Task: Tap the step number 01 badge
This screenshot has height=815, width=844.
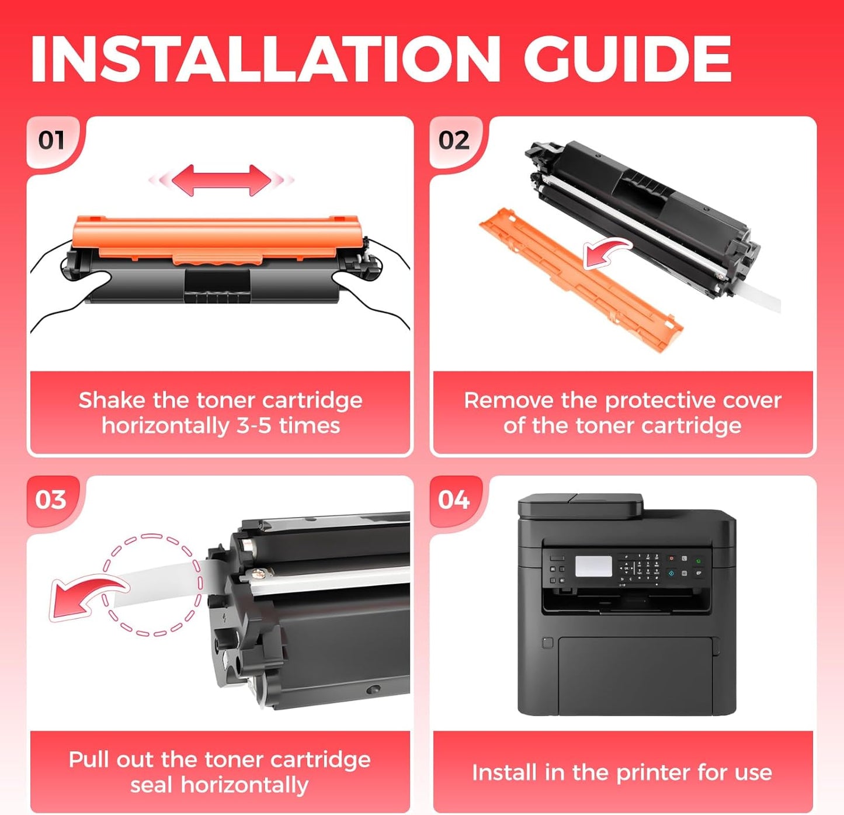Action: tap(51, 140)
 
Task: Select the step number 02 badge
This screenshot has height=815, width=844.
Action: tap(454, 140)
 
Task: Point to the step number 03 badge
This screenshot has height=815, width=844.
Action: tap(51, 500)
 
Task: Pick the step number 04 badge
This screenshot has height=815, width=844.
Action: tap(454, 500)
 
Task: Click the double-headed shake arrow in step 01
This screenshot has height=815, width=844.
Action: tap(221, 180)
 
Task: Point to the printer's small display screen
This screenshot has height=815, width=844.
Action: tap(593, 566)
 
